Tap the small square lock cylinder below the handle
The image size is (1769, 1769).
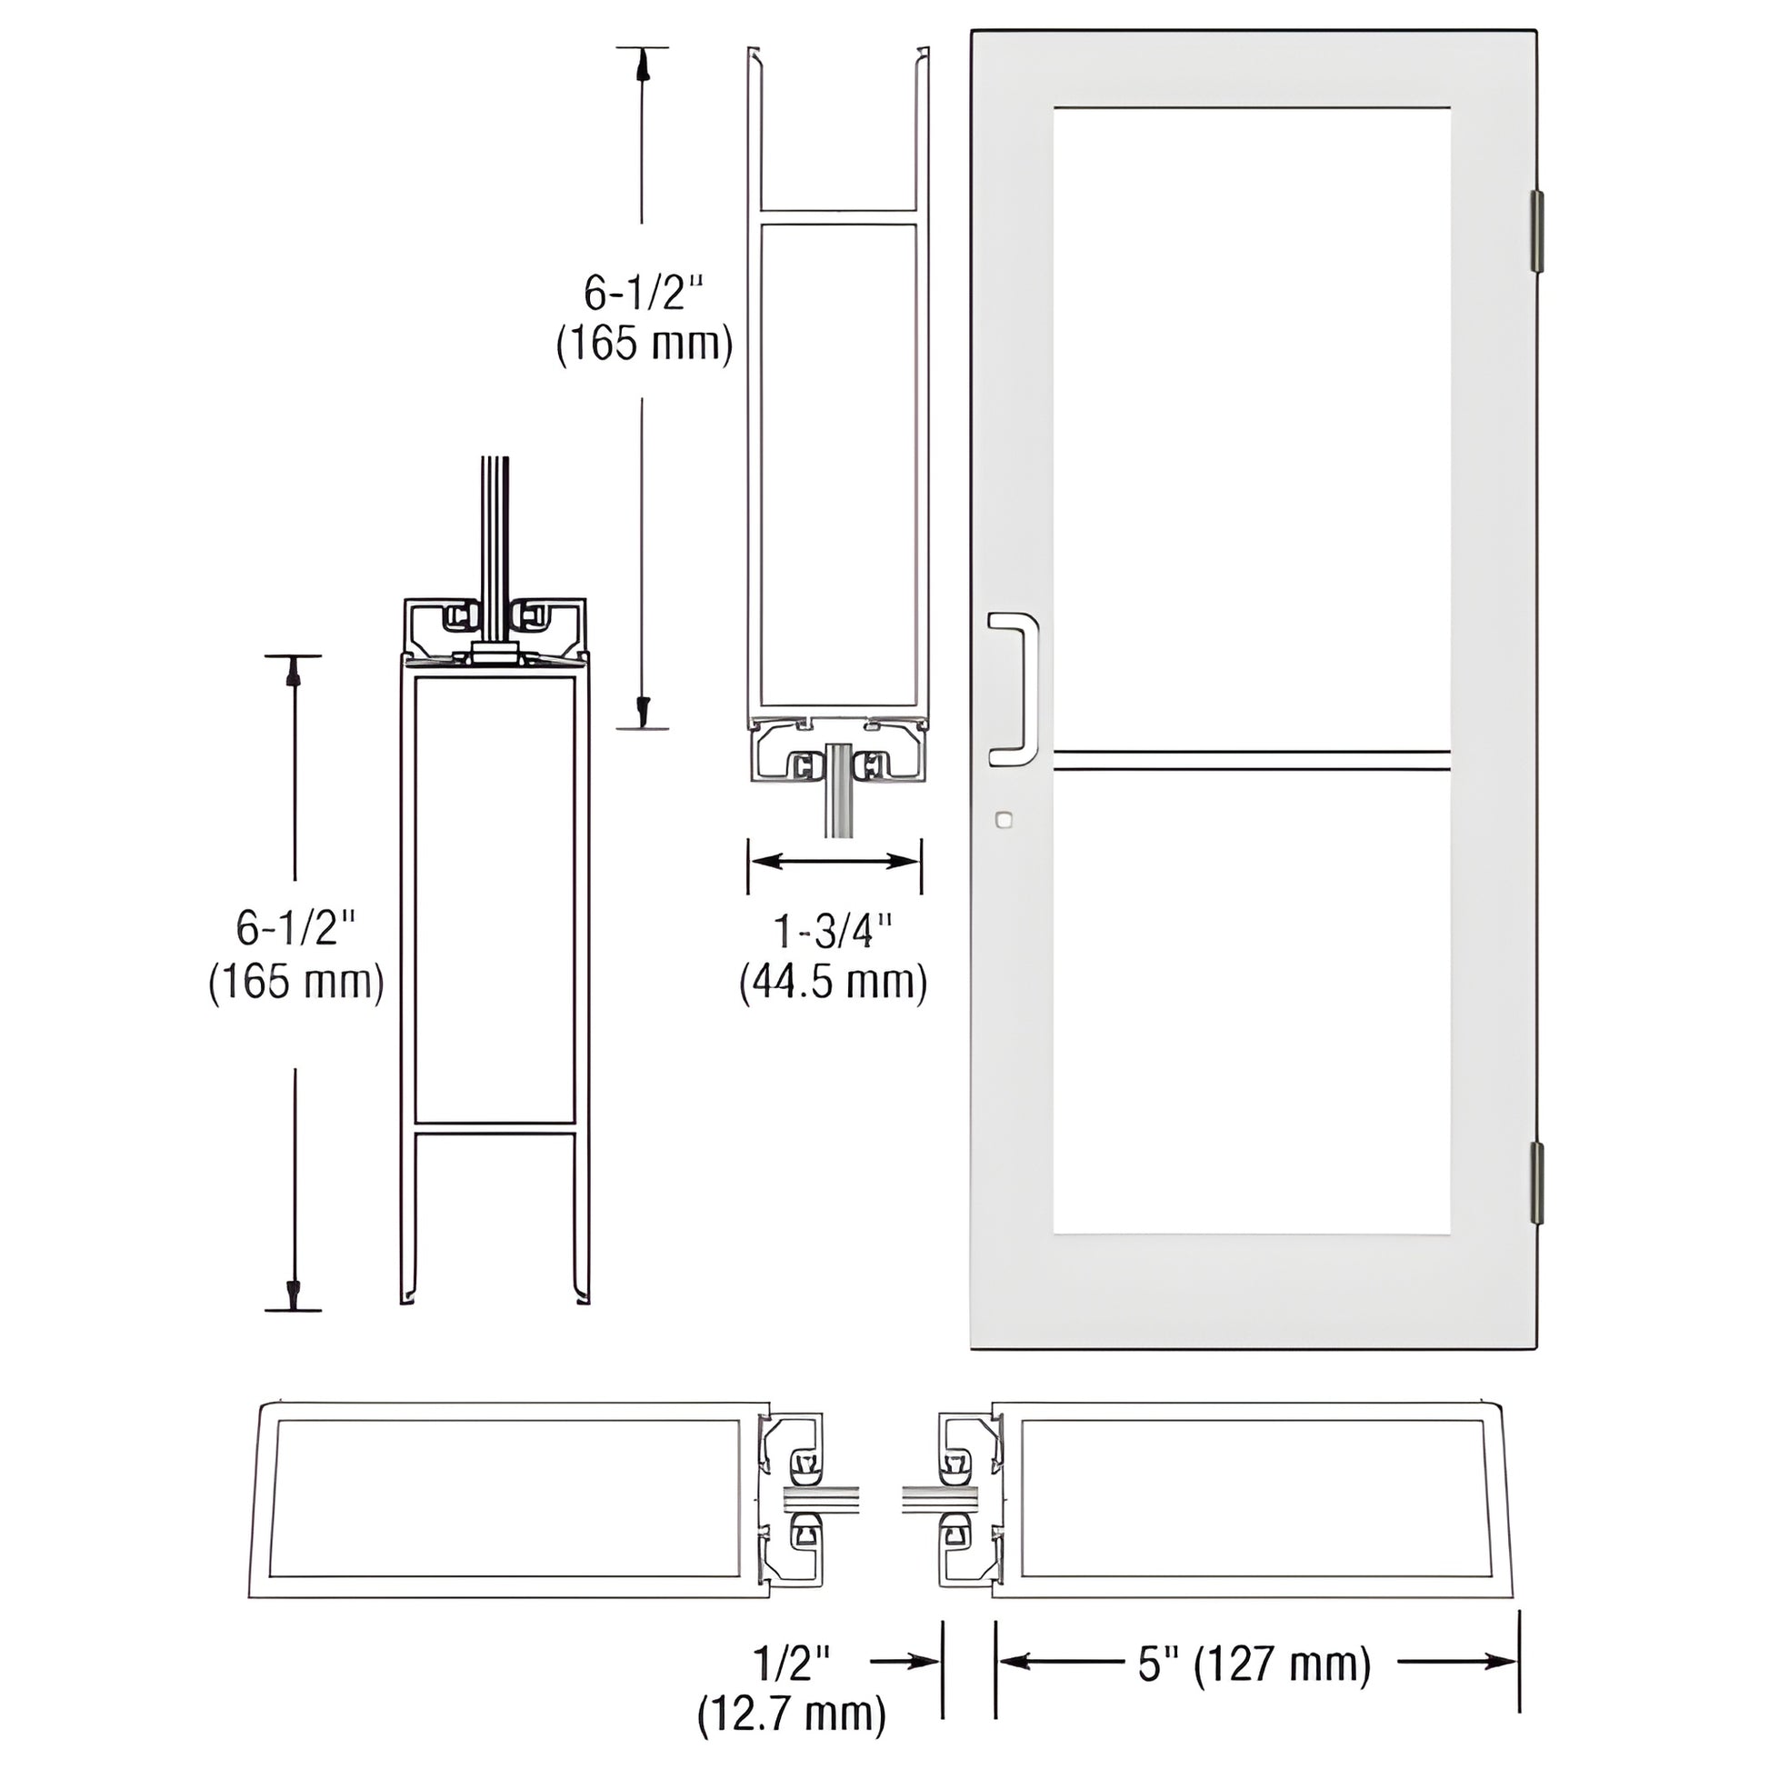pyautogui.click(x=1004, y=819)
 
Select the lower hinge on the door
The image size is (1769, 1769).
pyautogui.click(x=1537, y=1182)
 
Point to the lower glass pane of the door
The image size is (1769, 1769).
pyautogui.click(x=1252, y=998)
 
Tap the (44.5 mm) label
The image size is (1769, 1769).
pyautogui.click(x=834, y=984)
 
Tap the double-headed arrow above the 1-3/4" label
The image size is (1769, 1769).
pyautogui.click(x=835, y=861)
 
